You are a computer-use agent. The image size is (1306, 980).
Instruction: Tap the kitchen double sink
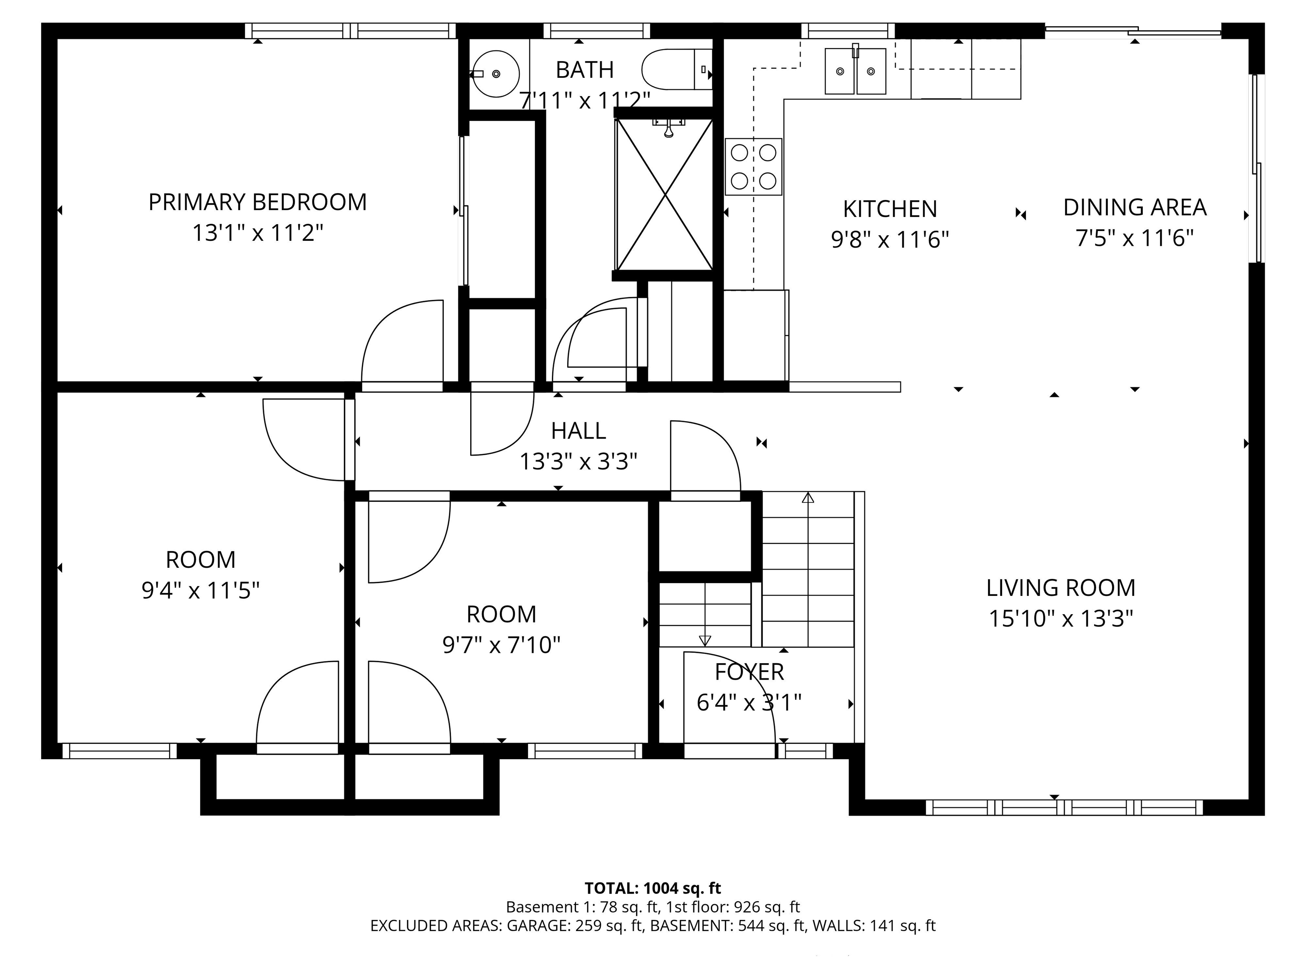click(855, 71)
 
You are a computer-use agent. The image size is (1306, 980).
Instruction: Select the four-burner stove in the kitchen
click(753, 167)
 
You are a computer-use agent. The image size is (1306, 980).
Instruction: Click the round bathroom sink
click(497, 74)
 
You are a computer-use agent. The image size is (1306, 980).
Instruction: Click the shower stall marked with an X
click(665, 194)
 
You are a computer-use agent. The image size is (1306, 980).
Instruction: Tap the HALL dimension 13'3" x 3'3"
click(578, 462)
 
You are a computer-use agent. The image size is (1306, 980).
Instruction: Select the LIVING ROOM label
click(1060, 588)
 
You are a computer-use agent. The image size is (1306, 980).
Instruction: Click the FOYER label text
click(749, 672)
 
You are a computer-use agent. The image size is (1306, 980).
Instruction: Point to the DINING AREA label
click(1134, 207)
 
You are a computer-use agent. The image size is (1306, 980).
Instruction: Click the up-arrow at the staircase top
click(808, 498)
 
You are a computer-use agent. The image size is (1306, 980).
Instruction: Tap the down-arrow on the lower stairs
click(704, 640)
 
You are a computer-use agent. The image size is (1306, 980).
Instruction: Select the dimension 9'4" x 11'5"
click(200, 590)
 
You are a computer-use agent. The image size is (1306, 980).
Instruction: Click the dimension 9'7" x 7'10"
click(501, 645)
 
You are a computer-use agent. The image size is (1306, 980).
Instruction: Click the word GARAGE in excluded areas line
click(536, 926)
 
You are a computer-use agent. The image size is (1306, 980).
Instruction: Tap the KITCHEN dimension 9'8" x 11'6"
click(889, 240)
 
